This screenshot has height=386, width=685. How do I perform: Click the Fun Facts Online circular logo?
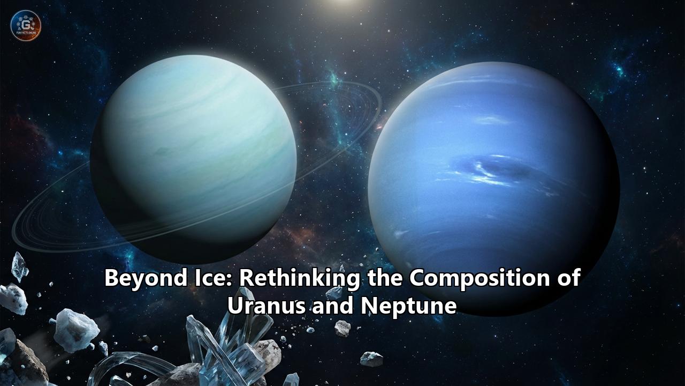click(26, 25)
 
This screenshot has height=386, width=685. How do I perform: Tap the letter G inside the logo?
click(26, 23)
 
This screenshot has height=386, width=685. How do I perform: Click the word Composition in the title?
click(482, 279)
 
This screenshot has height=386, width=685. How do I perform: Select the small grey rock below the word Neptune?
click(371, 358)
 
